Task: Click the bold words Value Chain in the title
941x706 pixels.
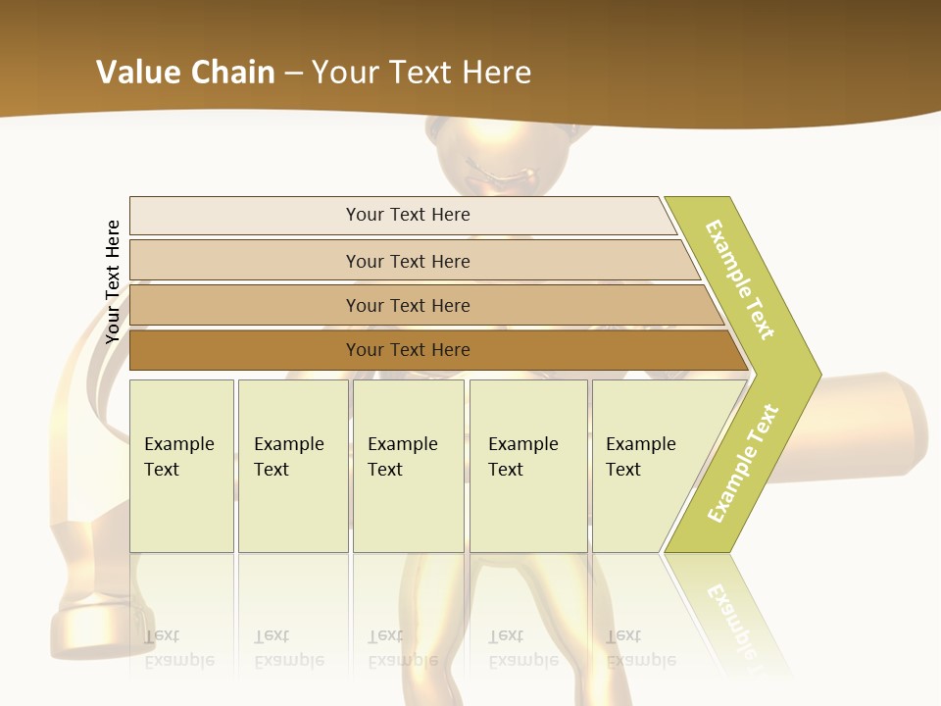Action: [x=185, y=72]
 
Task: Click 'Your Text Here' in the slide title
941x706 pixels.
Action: [x=421, y=72]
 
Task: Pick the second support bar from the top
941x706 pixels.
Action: [x=407, y=261]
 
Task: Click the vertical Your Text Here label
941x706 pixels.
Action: [x=113, y=281]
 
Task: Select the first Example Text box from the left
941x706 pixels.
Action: [x=181, y=466]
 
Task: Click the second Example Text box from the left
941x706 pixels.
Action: [x=292, y=466]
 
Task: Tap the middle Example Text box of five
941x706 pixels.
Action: [x=408, y=466]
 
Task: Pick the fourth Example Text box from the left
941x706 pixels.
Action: [x=527, y=466]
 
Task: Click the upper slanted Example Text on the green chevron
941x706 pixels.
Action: [x=740, y=279]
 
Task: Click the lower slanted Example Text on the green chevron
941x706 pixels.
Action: [x=743, y=463]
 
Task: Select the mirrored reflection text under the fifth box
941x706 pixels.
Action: [x=640, y=648]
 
